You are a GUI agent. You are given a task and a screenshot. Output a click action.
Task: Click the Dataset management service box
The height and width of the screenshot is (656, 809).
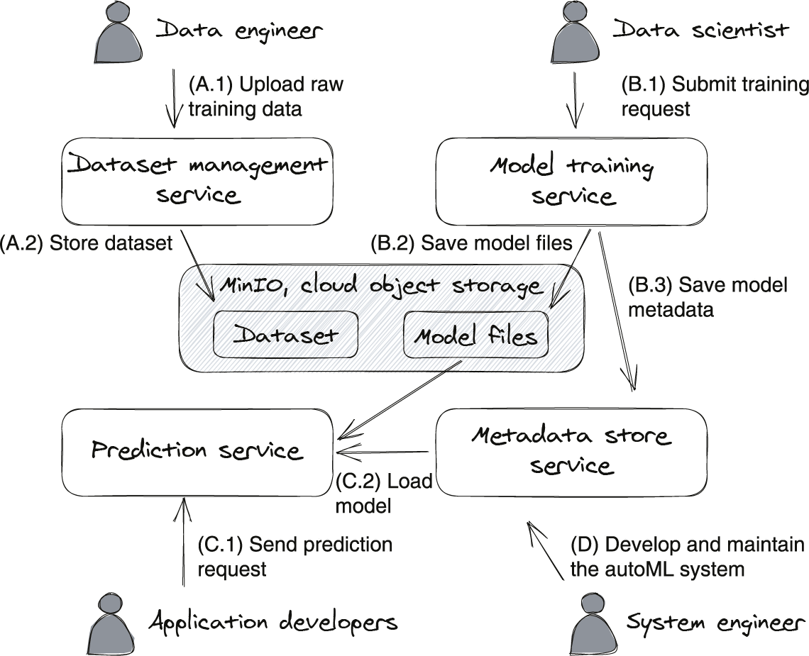[x=197, y=181]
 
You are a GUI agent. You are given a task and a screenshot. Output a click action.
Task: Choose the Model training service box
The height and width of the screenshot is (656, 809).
[x=571, y=181]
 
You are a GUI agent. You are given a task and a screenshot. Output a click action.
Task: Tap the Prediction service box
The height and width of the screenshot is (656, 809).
[x=197, y=451]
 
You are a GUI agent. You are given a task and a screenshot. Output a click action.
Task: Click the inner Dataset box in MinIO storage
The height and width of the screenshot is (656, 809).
[x=286, y=334]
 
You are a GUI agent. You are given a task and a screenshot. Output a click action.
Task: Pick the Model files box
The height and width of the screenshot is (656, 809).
[x=475, y=335]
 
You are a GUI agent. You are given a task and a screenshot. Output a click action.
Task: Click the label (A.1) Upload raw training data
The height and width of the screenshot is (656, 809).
[x=265, y=97]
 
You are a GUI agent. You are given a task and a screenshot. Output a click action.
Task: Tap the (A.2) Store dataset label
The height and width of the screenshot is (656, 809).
[x=87, y=244]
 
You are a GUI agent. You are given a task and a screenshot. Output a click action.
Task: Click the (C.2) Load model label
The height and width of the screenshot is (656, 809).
[x=384, y=494]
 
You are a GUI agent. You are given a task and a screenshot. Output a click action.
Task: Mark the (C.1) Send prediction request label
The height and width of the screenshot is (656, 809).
[x=295, y=557]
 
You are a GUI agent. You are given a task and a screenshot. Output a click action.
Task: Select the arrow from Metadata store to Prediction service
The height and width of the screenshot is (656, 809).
[x=383, y=452]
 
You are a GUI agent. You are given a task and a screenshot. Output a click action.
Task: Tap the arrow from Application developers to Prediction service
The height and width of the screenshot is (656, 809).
[x=184, y=542]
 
